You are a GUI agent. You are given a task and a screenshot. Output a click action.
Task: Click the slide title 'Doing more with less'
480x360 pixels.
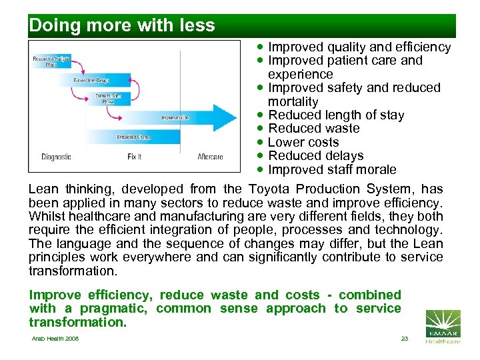click(x=122, y=26)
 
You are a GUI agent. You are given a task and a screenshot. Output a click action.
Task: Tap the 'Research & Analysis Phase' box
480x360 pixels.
click(x=51, y=61)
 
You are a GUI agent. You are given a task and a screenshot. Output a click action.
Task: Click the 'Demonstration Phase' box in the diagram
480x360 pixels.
click(x=109, y=98)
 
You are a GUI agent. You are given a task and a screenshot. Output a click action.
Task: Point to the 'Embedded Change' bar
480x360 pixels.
click(x=133, y=137)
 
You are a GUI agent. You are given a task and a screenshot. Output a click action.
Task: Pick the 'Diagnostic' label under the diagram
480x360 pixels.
click(x=56, y=157)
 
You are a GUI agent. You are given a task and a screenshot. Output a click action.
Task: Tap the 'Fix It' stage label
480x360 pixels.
click(x=134, y=157)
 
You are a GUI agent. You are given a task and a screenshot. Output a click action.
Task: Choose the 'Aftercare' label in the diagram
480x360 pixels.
click(x=210, y=157)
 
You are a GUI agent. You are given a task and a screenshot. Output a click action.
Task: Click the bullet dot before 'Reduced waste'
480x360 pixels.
click(x=261, y=128)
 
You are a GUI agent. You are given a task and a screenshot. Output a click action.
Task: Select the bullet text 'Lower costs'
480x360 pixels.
click(x=303, y=142)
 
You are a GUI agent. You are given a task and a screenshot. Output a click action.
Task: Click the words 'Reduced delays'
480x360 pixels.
click(x=315, y=155)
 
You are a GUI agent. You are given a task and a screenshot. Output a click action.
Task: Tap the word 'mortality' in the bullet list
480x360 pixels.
click(x=293, y=101)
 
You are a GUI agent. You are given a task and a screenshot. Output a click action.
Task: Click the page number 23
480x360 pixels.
click(x=404, y=339)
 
